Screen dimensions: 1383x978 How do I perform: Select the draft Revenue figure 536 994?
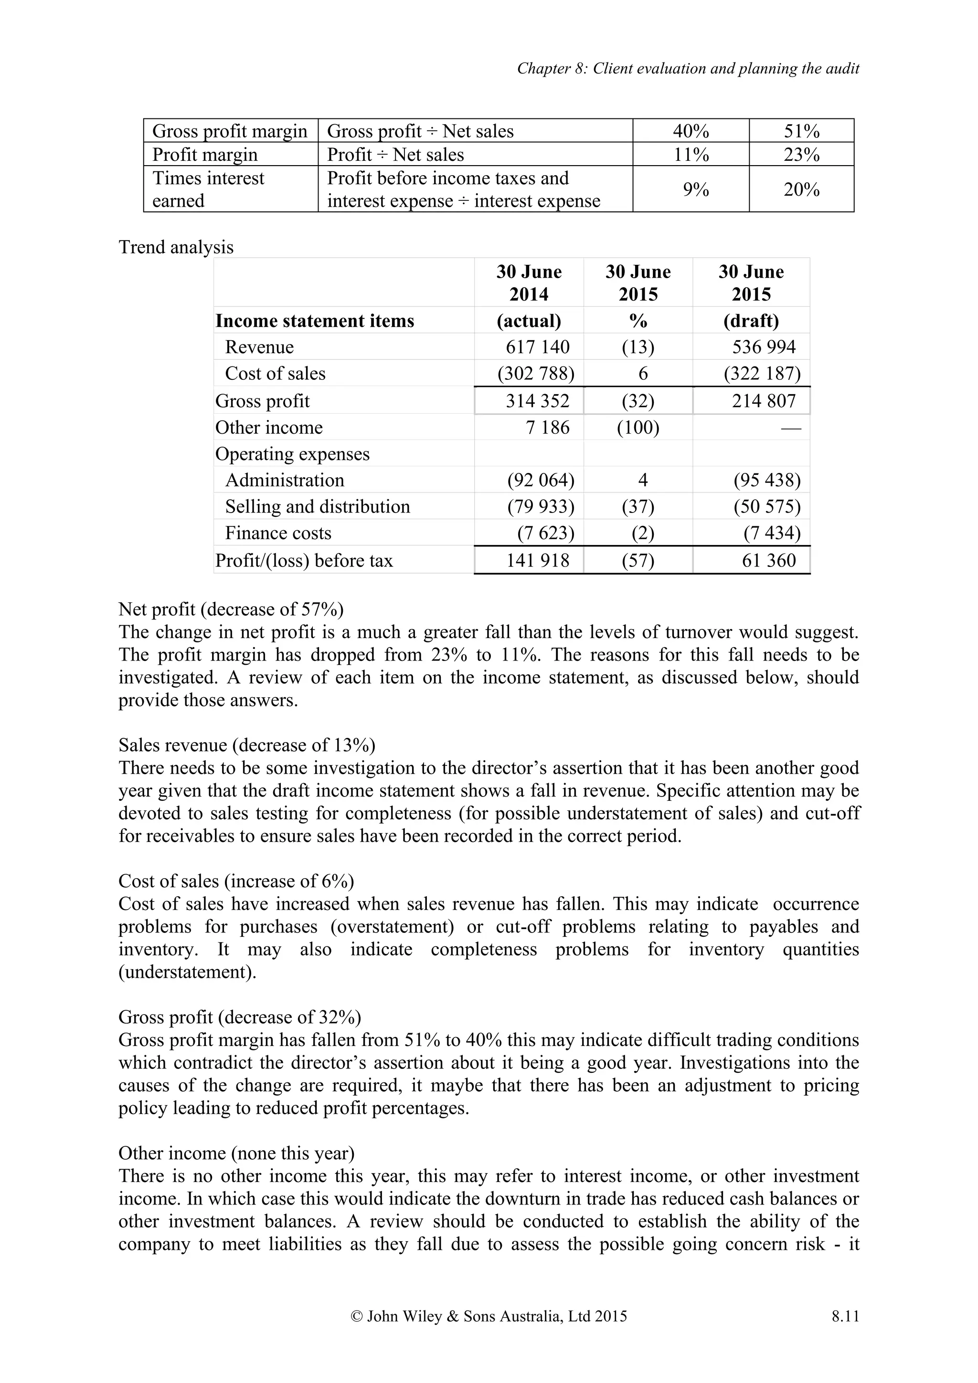pos(764,347)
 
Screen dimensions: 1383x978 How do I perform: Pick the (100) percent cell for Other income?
pos(638,428)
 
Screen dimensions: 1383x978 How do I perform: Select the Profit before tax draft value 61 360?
pos(768,560)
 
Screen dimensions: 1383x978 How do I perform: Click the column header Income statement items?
pos(315,320)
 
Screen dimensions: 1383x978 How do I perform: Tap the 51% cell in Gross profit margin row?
pos(801,131)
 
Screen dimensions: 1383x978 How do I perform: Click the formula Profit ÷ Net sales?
pos(395,155)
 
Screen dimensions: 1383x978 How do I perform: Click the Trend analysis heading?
pos(176,247)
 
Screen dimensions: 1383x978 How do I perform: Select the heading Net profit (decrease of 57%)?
pos(231,609)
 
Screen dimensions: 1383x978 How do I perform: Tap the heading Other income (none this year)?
pos(236,1153)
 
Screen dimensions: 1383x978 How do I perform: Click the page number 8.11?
pos(845,1333)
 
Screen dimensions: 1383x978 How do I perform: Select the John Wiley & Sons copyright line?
pos(488,1333)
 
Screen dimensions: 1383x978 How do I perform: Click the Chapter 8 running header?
pos(688,69)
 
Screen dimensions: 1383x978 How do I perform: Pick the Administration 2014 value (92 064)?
pos(541,480)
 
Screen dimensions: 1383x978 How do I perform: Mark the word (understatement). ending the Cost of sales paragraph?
pos(187,972)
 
